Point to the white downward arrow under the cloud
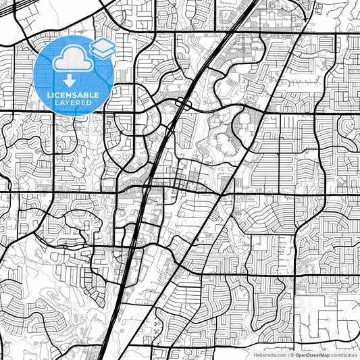[x=70, y=80]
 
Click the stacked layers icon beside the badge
[x=102, y=48]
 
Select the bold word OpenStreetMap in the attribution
[x=311, y=354]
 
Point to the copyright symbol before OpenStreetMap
[x=292, y=354]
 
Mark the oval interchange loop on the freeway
[x=182, y=103]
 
